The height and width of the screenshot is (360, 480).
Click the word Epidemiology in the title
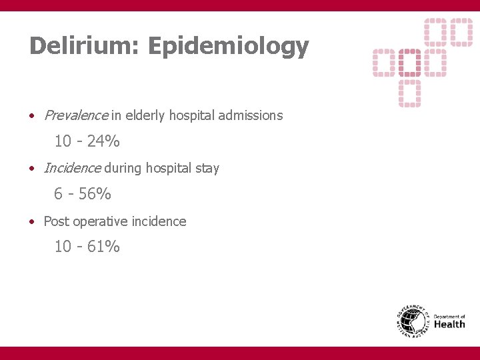[x=229, y=47]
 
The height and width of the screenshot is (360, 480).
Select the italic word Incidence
[x=73, y=168]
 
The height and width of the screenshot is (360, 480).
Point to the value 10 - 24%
[x=87, y=141]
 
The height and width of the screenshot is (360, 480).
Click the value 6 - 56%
[x=83, y=194]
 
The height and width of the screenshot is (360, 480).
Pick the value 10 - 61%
[x=87, y=247]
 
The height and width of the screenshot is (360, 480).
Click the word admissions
[x=252, y=115]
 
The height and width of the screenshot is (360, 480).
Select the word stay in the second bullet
[x=207, y=168]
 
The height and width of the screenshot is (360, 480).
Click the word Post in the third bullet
[x=57, y=221]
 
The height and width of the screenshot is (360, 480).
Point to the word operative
[x=100, y=221]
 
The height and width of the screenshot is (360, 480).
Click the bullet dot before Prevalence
[x=32, y=116]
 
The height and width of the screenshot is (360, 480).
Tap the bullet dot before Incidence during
[x=32, y=169]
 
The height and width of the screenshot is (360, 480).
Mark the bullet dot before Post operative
[x=32, y=221]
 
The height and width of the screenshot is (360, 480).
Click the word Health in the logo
[x=449, y=325]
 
